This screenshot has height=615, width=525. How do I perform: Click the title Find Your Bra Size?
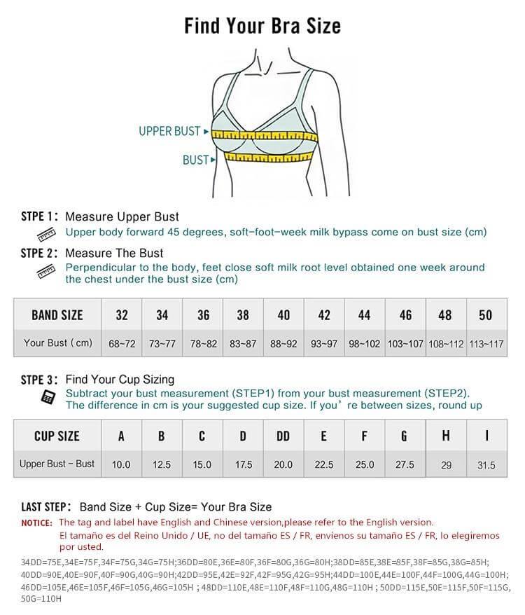[x=262, y=26]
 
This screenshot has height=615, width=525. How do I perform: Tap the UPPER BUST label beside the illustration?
[x=169, y=131]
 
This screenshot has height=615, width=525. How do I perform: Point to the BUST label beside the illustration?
[x=195, y=160]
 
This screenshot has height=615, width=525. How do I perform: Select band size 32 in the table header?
[x=122, y=315]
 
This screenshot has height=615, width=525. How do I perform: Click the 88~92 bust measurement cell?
[x=283, y=343]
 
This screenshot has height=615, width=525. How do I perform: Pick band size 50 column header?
[x=486, y=315]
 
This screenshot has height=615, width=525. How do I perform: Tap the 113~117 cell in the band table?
[x=486, y=343]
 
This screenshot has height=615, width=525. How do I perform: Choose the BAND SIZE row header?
[x=57, y=315]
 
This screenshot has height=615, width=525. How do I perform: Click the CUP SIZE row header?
[x=57, y=436]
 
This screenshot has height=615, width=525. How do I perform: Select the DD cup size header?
[x=283, y=436]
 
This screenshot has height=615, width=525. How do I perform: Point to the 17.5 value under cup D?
[x=243, y=464]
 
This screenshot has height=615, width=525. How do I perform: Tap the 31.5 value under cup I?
[x=486, y=465]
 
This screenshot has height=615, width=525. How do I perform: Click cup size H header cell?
[x=446, y=436]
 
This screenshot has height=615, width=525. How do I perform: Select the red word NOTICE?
[x=36, y=523]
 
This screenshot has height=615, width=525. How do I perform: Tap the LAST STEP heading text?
[x=45, y=506]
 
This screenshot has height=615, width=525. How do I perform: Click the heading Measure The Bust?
[x=114, y=253]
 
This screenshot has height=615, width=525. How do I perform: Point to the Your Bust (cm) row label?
[x=57, y=343]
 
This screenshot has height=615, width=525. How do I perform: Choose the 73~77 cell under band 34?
[x=162, y=343]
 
